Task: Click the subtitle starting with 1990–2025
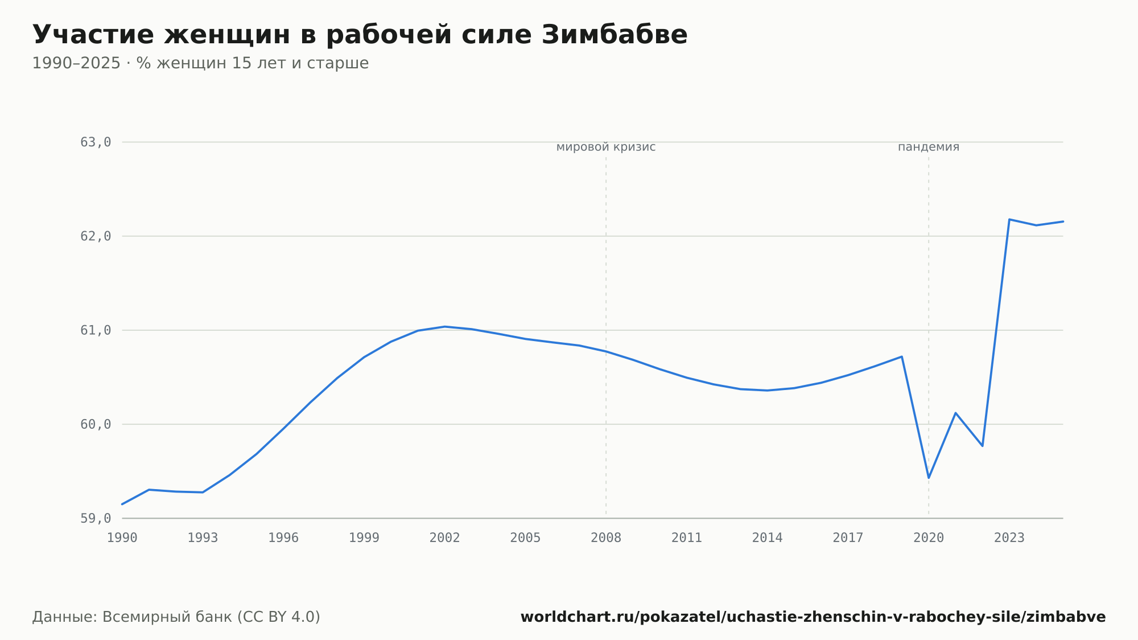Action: (200, 63)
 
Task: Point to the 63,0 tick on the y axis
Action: (96, 142)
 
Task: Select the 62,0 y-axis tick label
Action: (96, 236)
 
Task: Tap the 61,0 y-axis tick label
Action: (96, 330)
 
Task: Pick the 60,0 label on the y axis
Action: (96, 424)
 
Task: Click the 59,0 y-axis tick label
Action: (96, 519)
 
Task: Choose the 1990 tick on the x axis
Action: (122, 538)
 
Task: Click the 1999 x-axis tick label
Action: (364, 538)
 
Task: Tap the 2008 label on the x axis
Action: (606, 538)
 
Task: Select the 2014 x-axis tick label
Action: (768, 538)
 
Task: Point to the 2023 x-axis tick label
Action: (1009, 538)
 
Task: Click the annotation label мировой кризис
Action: (606, 147)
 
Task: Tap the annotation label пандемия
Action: (929, 147)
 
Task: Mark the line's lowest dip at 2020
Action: (929, 478)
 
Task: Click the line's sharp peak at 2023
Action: (1009, 219)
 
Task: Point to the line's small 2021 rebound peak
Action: (955, 413)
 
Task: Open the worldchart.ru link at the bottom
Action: (813, 617)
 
